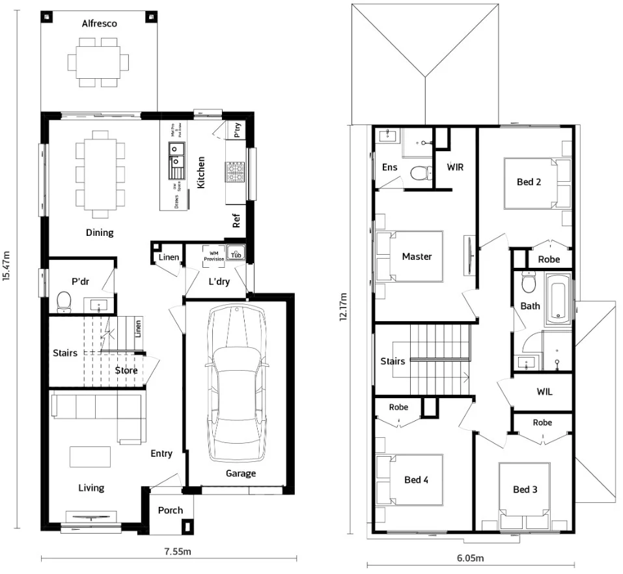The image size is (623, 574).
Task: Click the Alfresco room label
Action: [99, 23]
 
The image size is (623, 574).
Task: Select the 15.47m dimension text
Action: [7, 266]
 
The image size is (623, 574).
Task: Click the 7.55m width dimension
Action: [176, 551]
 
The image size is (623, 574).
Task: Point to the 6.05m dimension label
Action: [470, 558]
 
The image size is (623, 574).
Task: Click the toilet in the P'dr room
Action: [64, 302]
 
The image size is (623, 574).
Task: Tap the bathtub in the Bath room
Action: [558, 299]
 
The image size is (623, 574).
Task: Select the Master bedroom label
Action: [417, 257]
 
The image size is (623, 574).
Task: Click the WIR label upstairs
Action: [455, 167]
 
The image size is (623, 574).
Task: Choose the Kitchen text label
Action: [201, 173]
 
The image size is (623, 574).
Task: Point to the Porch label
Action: [171, 510]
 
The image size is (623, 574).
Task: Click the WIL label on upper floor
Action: [544, 392]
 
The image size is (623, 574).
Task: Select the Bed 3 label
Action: [525, 489]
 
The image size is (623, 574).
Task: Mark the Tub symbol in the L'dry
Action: [236, 255]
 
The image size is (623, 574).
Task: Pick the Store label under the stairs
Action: [126, 371]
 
